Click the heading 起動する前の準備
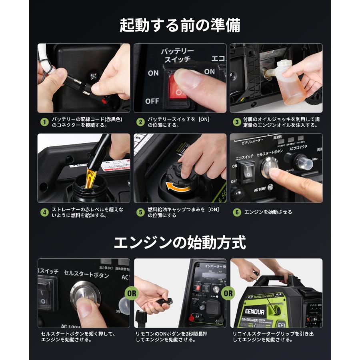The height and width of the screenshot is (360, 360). [x=180, y=25]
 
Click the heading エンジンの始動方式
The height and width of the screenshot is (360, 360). [x=180, y=242]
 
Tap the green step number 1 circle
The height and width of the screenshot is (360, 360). [x=45, y=122]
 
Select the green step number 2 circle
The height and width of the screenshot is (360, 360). [x=140, y=122]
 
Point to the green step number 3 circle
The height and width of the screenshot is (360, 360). [x=237, y=122]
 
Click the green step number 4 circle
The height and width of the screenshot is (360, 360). [x=45, y=212]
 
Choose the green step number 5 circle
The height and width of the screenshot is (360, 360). [x=140, y=212]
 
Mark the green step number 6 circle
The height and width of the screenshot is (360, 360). [x=237, y=212]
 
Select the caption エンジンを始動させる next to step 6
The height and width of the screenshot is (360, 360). [x=268, y=212]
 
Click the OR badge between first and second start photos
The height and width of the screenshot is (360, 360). [x=132, y=293]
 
